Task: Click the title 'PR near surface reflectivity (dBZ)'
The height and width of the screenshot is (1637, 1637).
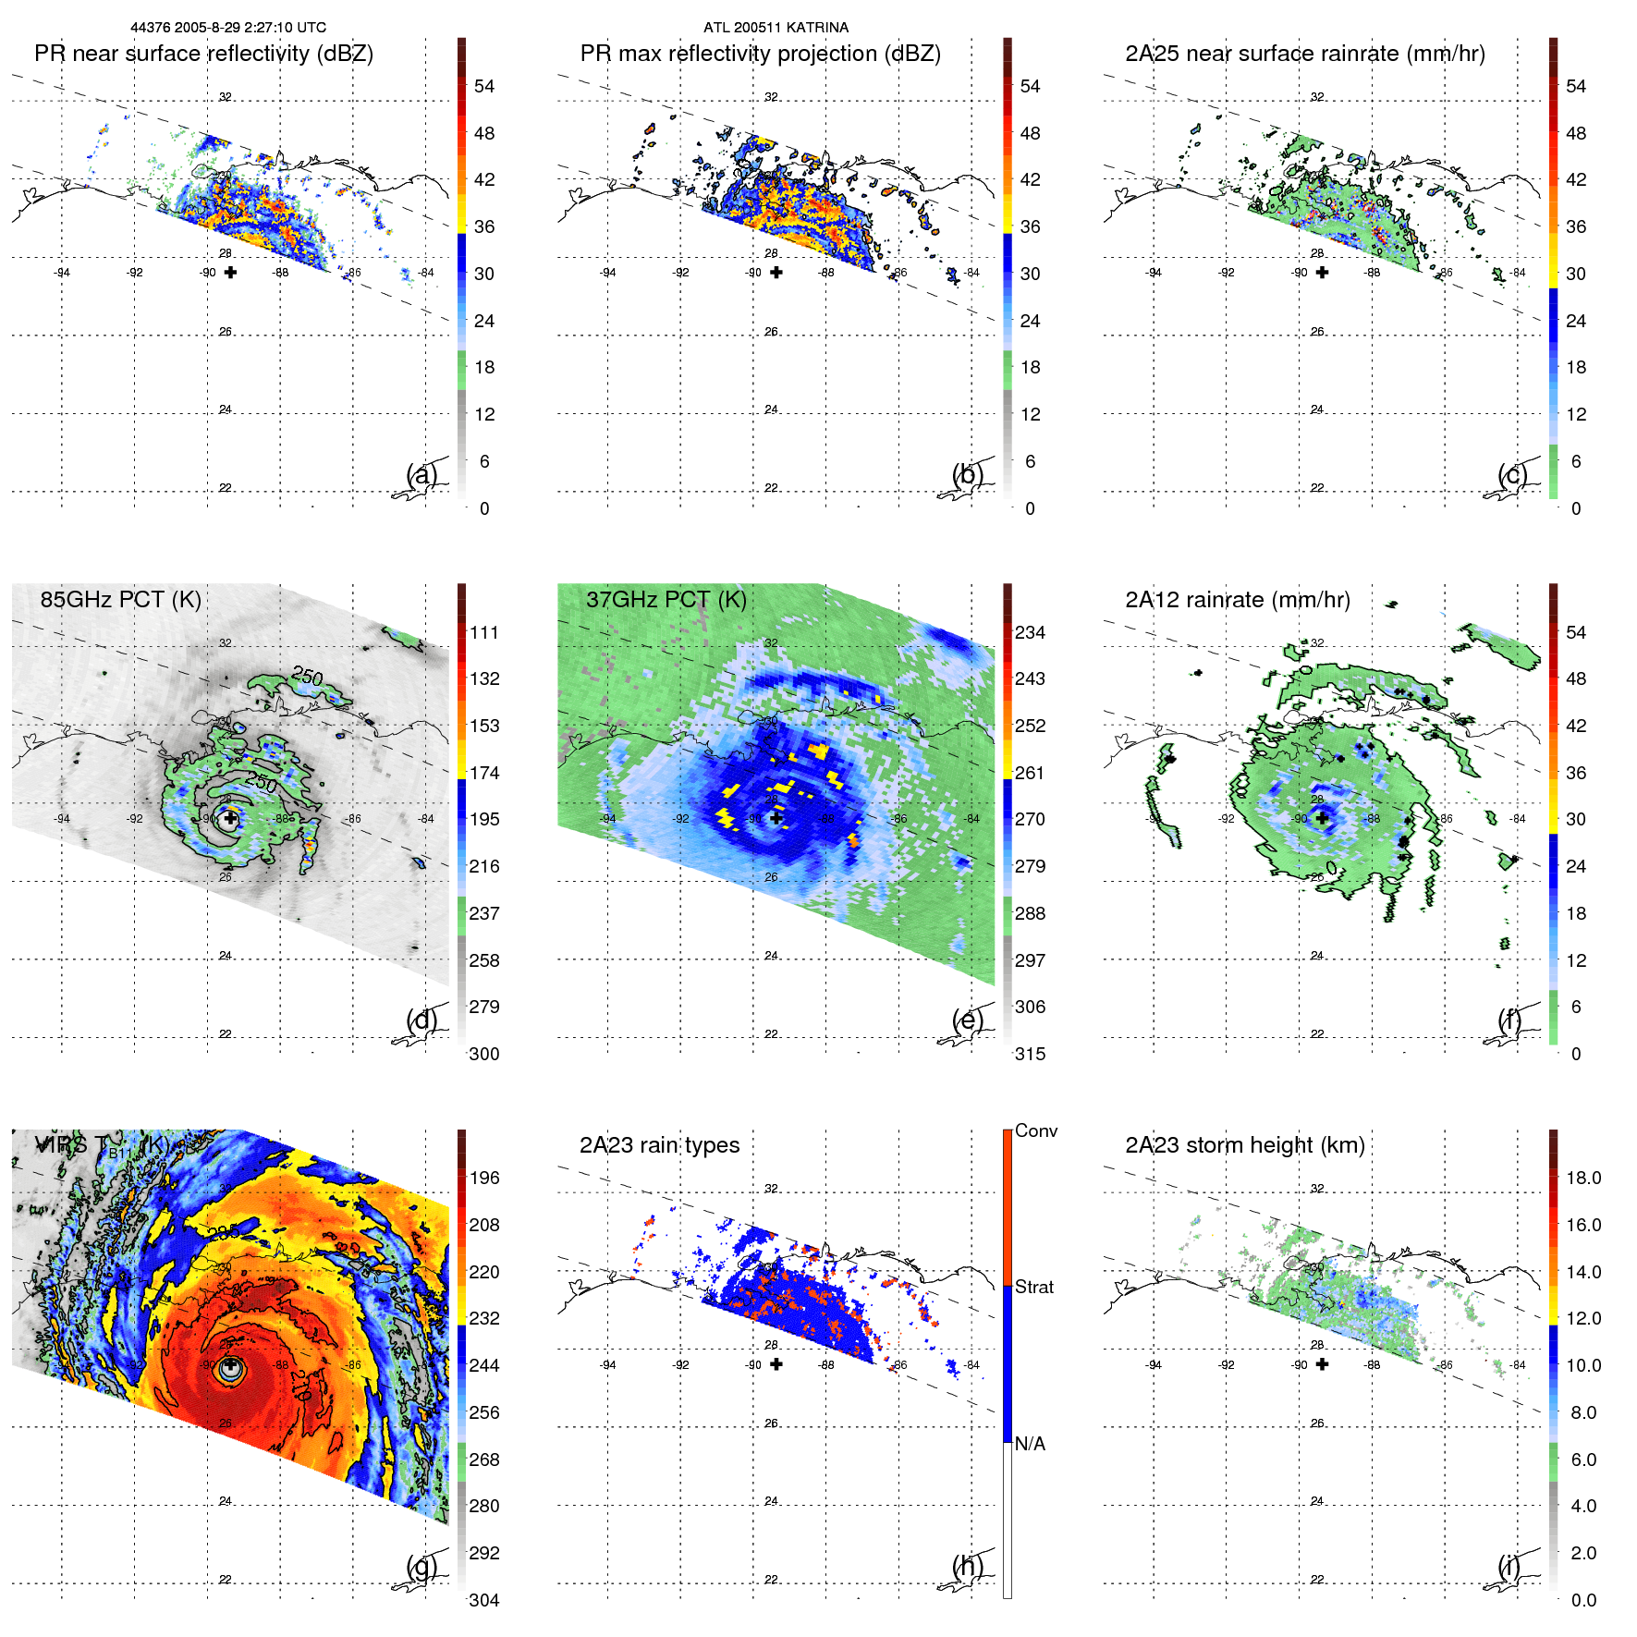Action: tap(203, 54)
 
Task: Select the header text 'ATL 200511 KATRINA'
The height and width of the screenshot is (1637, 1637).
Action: tap(776, 28)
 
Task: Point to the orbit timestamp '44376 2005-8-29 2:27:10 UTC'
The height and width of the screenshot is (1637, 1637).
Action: tap(228, 28)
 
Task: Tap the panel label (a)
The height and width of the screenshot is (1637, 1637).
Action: tap(421, 475)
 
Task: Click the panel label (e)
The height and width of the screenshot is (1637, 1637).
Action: tap(968, 1020)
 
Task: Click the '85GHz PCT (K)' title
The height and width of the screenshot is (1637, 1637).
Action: tap(120, 600)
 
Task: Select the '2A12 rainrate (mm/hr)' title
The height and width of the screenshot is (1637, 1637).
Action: tap(1237, 600)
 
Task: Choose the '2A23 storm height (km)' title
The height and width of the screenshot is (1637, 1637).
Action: tap(1244, 1145)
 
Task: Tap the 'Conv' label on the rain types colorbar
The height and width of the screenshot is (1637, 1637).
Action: tap(1035, 1130)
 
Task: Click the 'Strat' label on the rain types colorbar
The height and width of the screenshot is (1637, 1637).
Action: tap(1033, 1287)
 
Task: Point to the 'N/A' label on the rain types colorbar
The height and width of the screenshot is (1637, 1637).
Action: tap(1030, 1444)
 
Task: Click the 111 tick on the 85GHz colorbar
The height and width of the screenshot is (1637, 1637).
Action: tap(484, 632)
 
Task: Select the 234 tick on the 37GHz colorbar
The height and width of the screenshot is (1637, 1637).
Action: tap(1030, 632)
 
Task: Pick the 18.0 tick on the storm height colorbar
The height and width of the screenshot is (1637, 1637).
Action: tap(1582, 1178)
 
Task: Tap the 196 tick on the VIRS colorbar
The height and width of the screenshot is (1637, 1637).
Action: tap(484, 1178)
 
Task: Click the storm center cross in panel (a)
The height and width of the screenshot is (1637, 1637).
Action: tap(230, 272)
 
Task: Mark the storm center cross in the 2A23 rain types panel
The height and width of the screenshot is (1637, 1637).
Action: tap(776, 1364)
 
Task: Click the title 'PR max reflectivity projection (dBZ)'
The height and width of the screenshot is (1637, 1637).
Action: tap(760, 54)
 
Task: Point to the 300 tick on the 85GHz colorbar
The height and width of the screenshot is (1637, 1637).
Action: tap(484, 1054)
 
